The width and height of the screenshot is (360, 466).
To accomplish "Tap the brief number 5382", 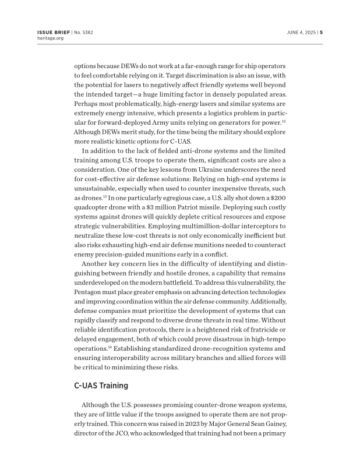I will [x=87, y=32].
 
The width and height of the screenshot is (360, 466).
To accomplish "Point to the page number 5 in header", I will [x=321, y=32].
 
